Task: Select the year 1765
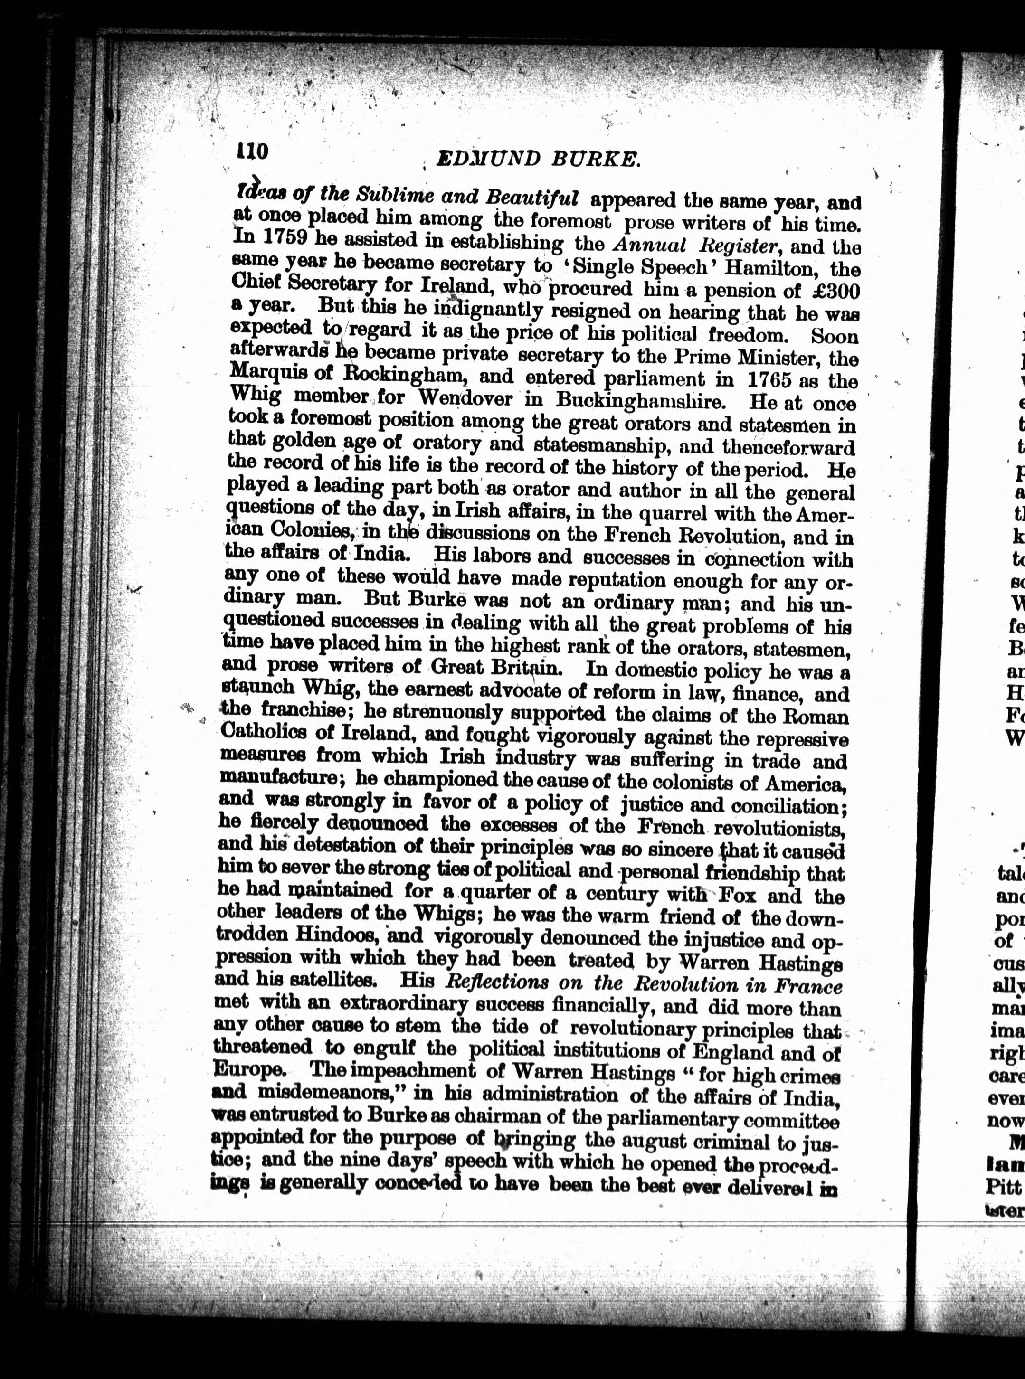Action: point(772,379)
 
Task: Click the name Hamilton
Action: point(761,269)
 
